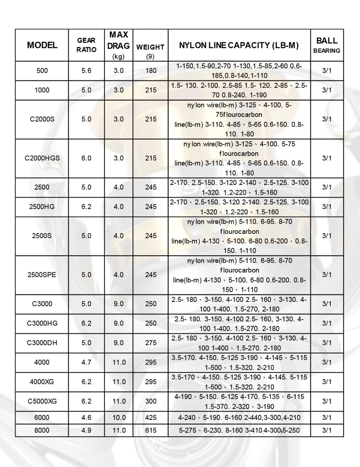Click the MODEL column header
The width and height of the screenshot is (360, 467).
tap(42, 45)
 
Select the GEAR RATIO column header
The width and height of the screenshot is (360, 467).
tap(86, 45)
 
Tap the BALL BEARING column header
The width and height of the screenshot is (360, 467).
tap(327, 45)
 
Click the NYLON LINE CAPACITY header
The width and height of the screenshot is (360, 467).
tap(239, 45)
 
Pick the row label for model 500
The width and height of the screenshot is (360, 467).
tap(42, 71)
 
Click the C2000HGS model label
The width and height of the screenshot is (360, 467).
tap(42, 158)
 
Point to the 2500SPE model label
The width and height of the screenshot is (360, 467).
tap(42, 275)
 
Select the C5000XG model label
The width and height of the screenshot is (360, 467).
tap(42, 401)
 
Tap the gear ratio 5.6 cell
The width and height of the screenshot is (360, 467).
tap(86, 71)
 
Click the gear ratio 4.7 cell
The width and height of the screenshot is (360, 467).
tap(86, 362)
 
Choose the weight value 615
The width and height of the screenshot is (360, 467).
tap(151, 430)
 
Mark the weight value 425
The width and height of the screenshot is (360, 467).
tap(151, 418)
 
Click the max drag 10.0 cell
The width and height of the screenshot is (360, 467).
tap(119, 418)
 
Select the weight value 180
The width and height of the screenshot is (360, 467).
tap(151, 71)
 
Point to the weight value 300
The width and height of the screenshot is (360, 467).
tap(151, 401)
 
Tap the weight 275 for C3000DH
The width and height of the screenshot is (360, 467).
tap(151, 343)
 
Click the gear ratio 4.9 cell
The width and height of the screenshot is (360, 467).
tap(86, 430)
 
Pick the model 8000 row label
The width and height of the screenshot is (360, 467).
tap(42, 430)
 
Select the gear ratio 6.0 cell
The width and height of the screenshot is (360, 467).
tap(86, 158)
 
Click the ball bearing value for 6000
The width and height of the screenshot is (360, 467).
tap(327, 418)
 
